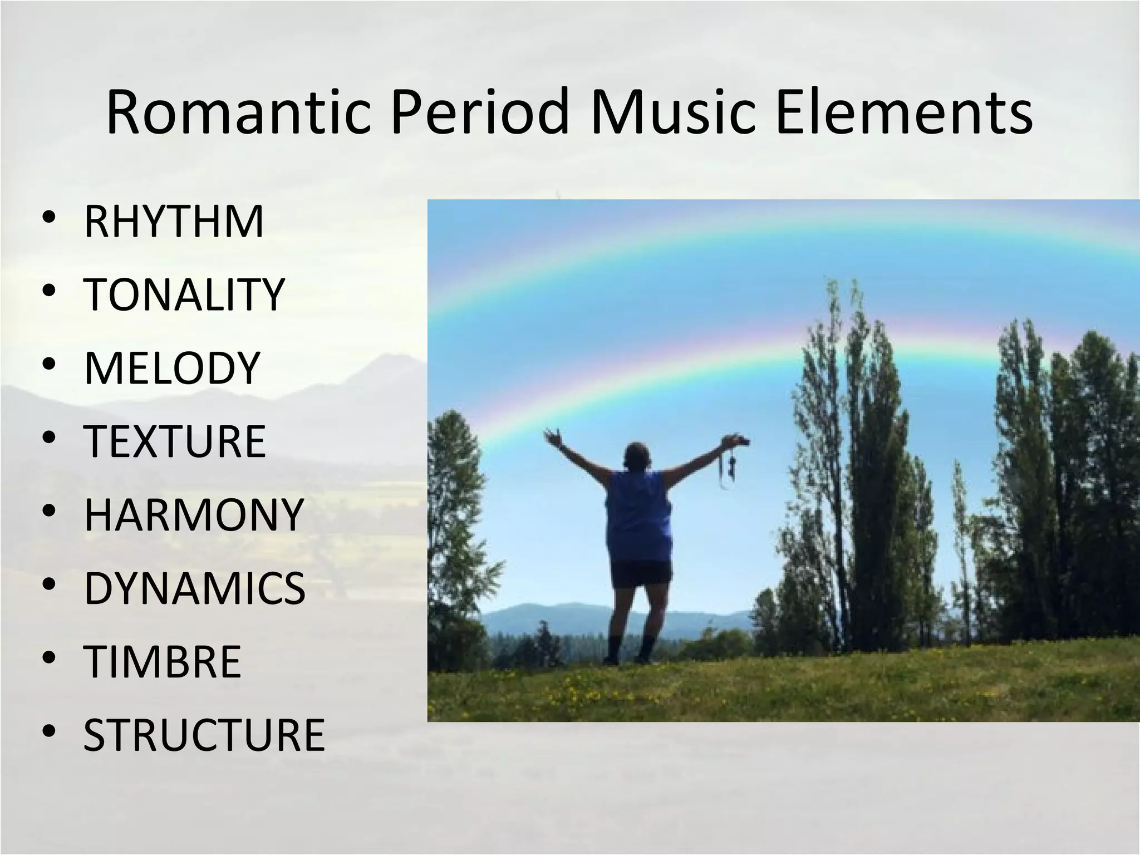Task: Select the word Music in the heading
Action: click(671, 113)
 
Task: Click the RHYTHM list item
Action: click(174, 222)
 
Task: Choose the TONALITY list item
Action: click(184, 295)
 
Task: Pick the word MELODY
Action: click(172, 368)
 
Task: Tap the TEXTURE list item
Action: click(175, 441)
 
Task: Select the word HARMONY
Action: click(194, 514)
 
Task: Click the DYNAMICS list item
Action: click(195, 588)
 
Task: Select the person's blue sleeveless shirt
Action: click(639, 515)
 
